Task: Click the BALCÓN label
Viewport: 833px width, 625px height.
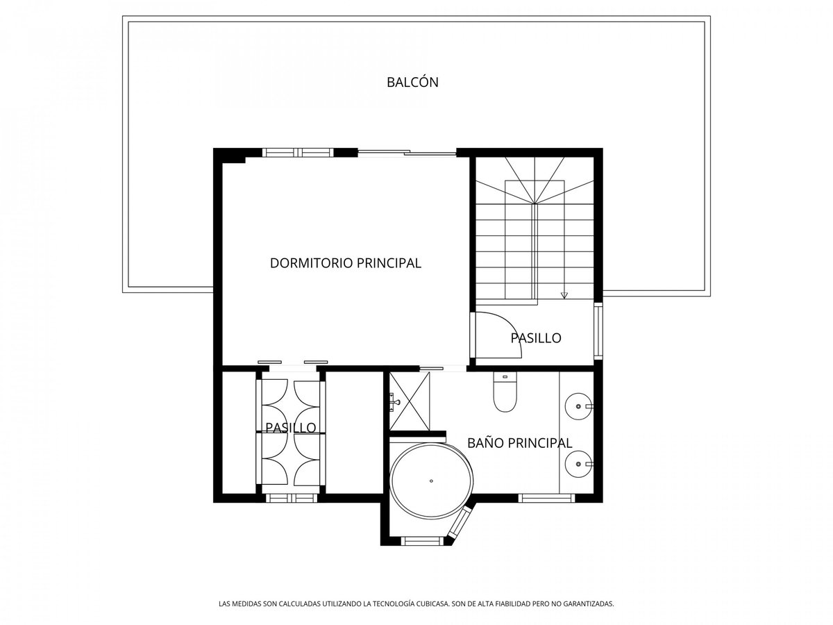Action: (x=412, y=82)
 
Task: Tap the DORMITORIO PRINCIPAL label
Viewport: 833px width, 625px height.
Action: (x=345, y=263)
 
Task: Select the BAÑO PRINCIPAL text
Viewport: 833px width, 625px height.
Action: (x=519, y=443)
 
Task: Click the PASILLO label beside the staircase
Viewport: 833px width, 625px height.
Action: (x=535, y=337)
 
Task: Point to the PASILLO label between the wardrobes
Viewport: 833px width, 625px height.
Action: (x=291, y=428)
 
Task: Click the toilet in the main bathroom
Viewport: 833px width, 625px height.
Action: (x=505, y=391)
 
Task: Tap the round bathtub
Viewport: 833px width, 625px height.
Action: (x=432, y=481)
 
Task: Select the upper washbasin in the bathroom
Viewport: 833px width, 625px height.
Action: (x=578, y=406)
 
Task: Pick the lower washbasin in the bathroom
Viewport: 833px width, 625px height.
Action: (x=578, y=464)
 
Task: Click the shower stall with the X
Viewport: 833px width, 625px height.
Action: (x=410, y=401)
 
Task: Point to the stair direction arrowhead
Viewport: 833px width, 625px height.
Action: (x=564, y=295)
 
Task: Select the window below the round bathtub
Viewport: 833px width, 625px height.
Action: (x=422, y=541)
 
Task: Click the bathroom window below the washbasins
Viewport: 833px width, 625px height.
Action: (x=546, y=498)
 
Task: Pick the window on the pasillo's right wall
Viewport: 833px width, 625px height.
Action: (x=598, y=331)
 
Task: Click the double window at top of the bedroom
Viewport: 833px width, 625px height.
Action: (x=298, y=153)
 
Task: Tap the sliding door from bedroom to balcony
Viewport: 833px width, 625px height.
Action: (x=407, y=153)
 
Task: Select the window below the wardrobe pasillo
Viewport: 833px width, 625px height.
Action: (x=291, y=498)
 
